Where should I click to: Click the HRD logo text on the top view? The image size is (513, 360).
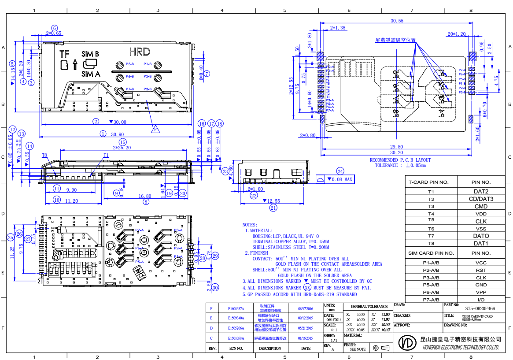140,52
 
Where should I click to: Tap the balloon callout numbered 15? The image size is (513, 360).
122,142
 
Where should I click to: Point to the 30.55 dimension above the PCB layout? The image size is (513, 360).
397,21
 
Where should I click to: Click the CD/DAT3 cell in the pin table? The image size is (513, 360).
481,199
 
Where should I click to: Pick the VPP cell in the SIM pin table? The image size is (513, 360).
481,292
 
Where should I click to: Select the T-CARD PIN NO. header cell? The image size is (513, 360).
431,182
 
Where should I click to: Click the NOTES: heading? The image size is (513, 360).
250,224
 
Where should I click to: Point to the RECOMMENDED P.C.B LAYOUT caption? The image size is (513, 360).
400,160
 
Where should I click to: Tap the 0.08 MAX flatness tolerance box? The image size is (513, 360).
335,180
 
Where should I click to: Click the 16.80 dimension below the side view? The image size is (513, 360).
145,196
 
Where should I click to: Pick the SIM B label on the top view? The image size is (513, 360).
90,53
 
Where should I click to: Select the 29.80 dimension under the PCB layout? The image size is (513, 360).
396,147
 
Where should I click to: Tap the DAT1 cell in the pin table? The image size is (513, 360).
481,243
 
